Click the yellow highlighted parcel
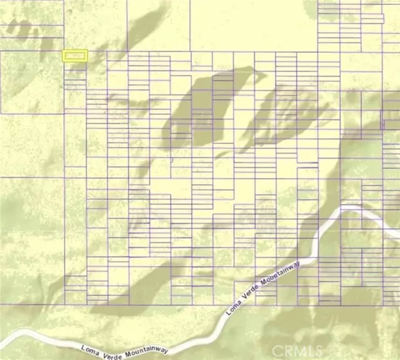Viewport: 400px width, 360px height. (75, 56)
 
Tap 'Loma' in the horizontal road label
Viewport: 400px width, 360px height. (91, 345)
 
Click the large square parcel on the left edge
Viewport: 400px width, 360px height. (31, 82)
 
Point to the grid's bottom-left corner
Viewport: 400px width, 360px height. (65, 304)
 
